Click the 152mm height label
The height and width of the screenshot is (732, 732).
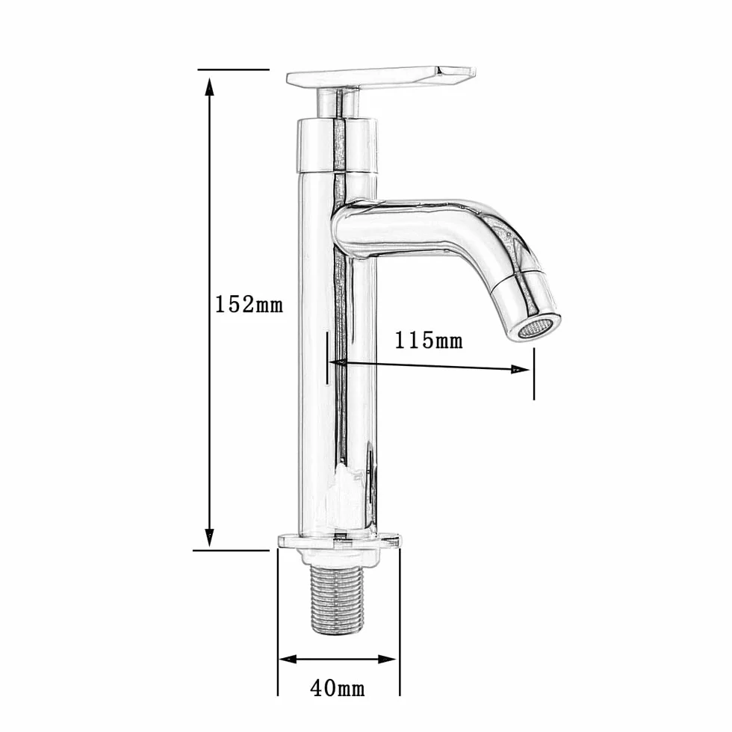(x=249, y=305)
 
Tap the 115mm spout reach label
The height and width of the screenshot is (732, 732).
(x=429, y=341)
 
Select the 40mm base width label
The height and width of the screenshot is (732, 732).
(x=338, y=688)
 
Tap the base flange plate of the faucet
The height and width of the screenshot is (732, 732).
(x=339, y=541)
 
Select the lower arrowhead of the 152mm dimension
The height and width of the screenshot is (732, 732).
(x=210, y=537)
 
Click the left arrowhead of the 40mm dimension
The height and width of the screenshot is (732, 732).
(x=288, y=659)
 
